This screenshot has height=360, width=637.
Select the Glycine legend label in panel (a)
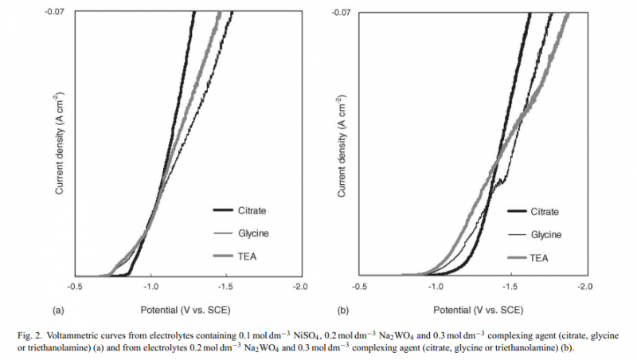pos(252,233)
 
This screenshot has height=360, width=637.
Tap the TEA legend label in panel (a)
pos(247,256)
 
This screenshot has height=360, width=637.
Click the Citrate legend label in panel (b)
pos(545,211)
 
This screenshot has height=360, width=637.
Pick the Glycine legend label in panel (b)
pos(546,234)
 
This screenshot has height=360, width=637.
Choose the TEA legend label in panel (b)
pos(541,257)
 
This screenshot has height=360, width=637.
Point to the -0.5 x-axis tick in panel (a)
pos(75,285)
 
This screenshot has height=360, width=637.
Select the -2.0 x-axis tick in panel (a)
pos(299,285)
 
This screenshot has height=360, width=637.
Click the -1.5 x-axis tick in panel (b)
pos(510,285)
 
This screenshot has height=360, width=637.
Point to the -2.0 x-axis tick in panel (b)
pos(584,285)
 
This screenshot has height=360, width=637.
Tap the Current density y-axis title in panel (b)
pos(341,144)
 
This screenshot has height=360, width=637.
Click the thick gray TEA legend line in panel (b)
pos(518,257)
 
